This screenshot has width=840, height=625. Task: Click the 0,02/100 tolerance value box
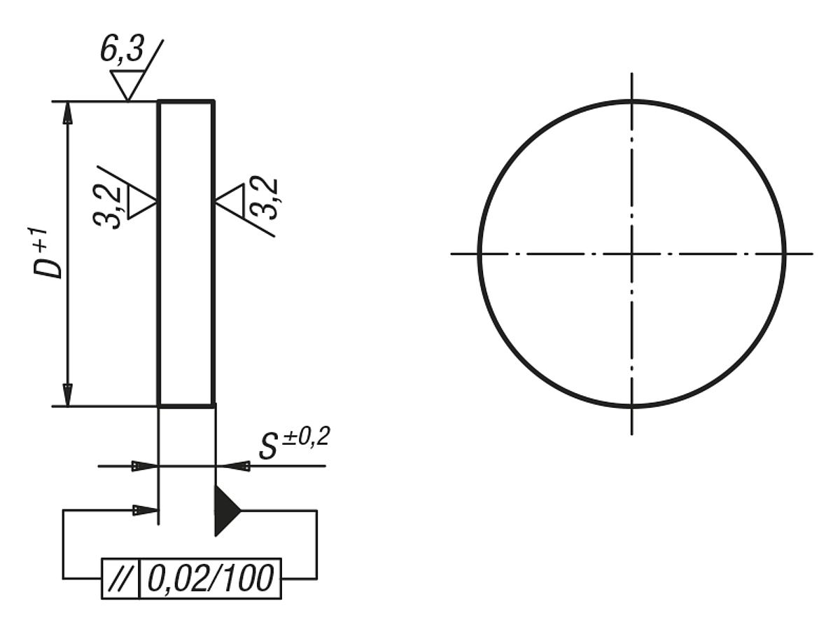point(211,579)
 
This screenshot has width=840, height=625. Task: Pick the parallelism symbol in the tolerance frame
point(121,579)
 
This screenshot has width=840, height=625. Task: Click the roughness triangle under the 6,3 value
point(129,84)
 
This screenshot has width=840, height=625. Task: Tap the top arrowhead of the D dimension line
point(68,112)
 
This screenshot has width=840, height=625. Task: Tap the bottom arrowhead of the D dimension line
point(68,394)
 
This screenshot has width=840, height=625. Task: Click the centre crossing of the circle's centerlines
point(632,253)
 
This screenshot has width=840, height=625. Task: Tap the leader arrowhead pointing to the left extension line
point(146,510)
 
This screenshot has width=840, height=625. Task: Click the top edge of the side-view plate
point(186,102)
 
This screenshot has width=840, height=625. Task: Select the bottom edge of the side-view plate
point(186,405)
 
